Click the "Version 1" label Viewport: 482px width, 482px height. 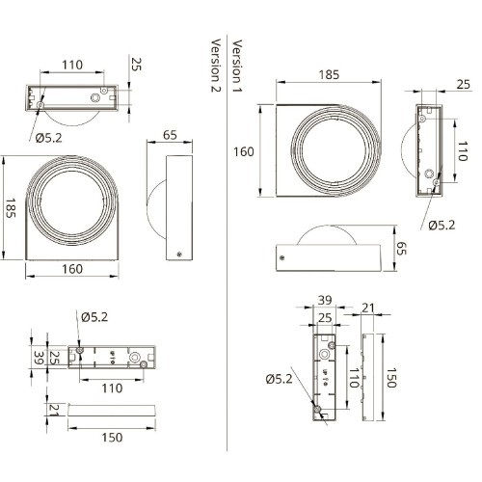coord(237,66)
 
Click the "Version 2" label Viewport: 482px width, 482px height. coord(216,66)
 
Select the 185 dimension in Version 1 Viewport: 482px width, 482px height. coord(329,75)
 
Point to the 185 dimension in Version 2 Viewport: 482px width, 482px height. coord(11,208)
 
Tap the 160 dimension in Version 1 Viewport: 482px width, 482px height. coord(244,151)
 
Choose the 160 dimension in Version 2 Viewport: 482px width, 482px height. coord(72,269)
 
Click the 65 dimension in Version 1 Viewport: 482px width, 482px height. coord(401,248)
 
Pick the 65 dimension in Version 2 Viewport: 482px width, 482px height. coord(170,135)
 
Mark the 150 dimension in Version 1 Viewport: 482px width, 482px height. coord(390,378)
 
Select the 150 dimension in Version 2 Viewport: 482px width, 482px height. coord(112,438)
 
